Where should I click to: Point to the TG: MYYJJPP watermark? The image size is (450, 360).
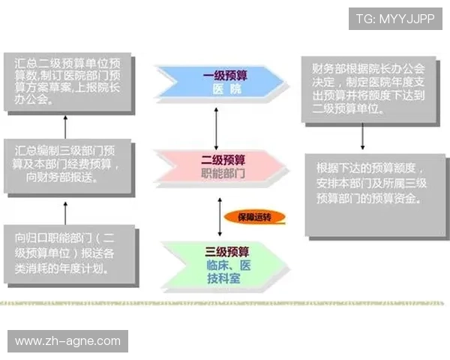395,18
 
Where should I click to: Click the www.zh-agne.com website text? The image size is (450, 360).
68,341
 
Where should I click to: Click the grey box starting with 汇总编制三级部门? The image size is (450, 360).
68,166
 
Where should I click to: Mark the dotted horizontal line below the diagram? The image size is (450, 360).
225,304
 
